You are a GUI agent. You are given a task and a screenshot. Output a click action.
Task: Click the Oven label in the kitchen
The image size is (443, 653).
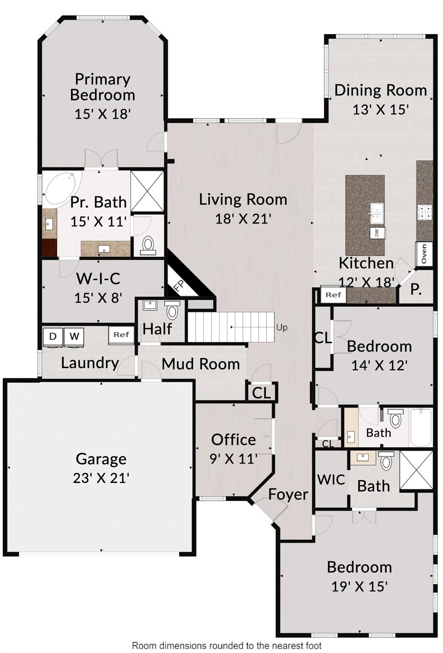pyautogui.click(x=424, y=254)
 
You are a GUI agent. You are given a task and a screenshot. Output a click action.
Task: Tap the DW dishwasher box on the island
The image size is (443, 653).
pyautogui.click(x=377, y=233)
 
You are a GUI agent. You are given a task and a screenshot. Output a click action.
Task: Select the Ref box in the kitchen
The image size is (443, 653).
pyautogui.click(x=333, y=295)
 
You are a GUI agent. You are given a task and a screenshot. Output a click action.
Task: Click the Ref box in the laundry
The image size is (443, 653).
pyautogui.click(x=121, y=335)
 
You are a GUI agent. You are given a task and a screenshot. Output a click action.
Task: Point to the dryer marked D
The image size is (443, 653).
pyautogui.click(x=53, y=337)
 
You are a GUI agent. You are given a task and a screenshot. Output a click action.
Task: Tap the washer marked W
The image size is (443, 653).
pyautogui.click(x=74, y=337)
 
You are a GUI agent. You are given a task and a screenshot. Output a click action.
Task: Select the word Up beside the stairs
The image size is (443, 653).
pyautogui.click(x=282, y=327)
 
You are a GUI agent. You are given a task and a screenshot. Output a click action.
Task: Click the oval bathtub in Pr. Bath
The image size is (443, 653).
pyautogui.click(x=63, y=190)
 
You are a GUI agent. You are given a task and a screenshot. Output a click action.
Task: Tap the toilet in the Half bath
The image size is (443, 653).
pyautogui.click(x=172, y=310)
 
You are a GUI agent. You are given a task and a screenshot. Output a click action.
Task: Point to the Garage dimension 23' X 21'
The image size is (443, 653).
pyautogui.click(x=101, y=478)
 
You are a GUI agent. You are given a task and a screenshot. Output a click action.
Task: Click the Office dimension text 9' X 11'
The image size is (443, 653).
pyautogui.click(x=234, y=459)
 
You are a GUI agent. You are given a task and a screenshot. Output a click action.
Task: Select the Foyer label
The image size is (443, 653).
pyautogui.click(x=288, y=494)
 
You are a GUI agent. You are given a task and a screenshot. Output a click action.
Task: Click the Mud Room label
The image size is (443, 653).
pyautogui.click(x=200, y=364)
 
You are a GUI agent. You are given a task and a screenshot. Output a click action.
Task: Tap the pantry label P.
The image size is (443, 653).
pyautogui.click(x=416, y=290)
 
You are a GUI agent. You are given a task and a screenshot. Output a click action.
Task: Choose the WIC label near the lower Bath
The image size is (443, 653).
pyautogui.click(x=331, y=480)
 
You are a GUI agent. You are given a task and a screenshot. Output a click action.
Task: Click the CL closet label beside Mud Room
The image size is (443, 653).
pyautogui.click(x=261, y=393)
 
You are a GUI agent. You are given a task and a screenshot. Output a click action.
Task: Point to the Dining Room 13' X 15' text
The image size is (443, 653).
pyautogui.click(x=380, y=109)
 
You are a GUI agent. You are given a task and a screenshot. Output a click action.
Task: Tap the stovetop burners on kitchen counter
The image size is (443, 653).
pyautogui.click(x=424, y=212)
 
